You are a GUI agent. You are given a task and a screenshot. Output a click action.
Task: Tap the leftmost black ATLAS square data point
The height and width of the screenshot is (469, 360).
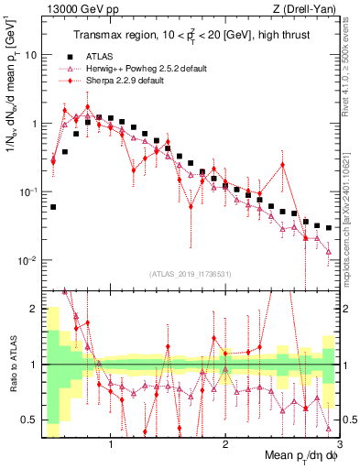tap(53, 207)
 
